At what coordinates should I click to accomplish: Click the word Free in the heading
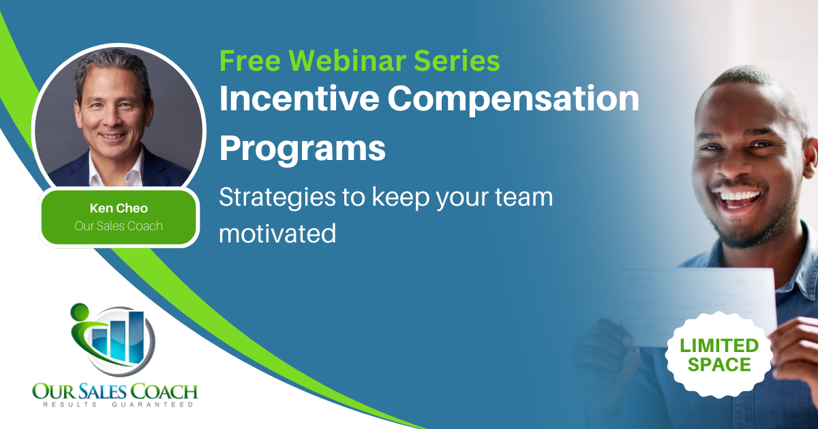(x=250, y=61)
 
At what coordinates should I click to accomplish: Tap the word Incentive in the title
(x=299, y=98)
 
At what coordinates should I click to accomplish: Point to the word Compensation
(x=513, y=100)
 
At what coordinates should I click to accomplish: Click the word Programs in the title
(x=303, y=150)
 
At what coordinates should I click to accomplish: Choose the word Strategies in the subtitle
(x=277, y=198)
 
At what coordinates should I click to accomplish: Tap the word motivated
(x=277, y=234)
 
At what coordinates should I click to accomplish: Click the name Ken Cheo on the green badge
(x=119, y=208)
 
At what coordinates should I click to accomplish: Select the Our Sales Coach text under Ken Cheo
(x=119, y=226)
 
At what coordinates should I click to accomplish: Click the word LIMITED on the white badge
(x=719, y=346)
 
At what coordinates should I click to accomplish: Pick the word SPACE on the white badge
(x=719, y=365)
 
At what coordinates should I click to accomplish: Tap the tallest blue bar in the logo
(x=136, y=338)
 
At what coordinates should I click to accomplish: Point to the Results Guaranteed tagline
(x=119, y=404)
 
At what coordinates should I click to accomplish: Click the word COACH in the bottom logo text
(x=164, y=392)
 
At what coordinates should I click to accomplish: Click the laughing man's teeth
(x=738, y=197)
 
